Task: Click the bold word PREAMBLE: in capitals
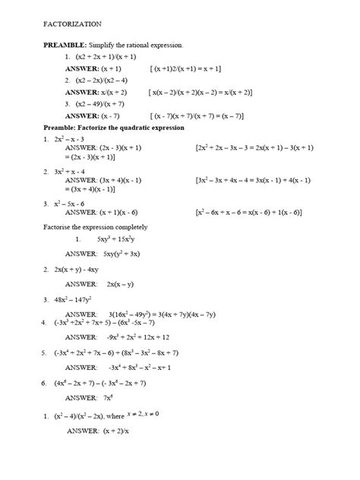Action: point(65,46)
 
